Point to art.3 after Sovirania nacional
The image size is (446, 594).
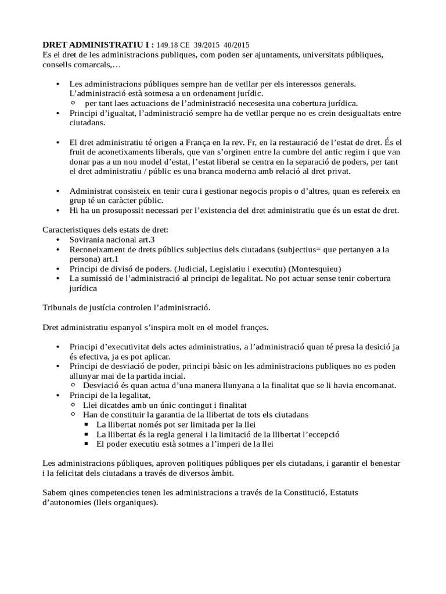[x=145, y=239]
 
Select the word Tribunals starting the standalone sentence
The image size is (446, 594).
[x=63, y=307]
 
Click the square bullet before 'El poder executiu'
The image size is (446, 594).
[x=87, y=444]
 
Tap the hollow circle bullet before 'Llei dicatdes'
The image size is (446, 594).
[x=73, y=404]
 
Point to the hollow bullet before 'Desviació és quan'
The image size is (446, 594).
[x=73, y=385]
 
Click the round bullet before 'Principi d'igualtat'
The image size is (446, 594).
[x=57, y=113]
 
